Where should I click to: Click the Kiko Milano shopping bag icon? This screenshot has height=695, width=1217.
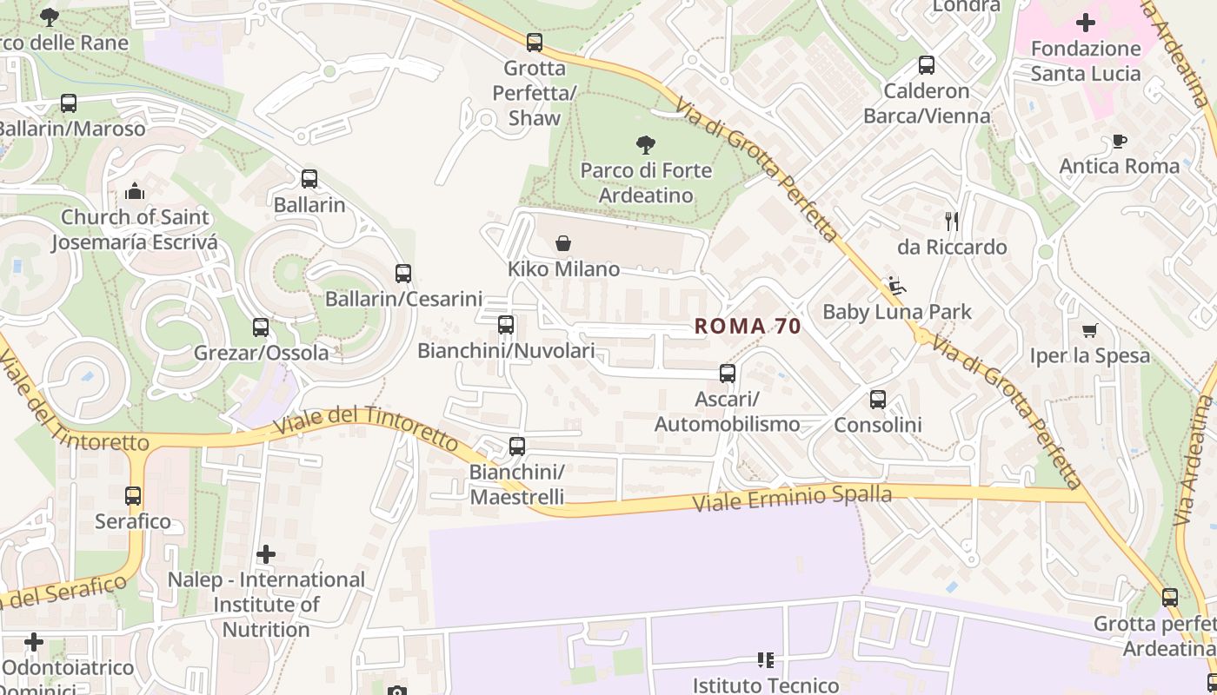click(563, 243)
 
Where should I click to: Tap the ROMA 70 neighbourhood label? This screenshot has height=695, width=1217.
click(748, 327)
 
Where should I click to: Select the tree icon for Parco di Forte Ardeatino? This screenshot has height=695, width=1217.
click(645, 144)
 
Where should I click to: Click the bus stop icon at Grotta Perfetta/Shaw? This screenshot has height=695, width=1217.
click(535, 42)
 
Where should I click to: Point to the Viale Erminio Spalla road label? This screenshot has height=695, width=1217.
click(793, 499)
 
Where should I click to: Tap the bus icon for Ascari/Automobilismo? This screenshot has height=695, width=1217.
click(728, 374)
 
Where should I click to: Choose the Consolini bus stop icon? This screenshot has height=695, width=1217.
click(878, 400)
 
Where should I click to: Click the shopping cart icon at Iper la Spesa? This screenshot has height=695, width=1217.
click(1090, 330)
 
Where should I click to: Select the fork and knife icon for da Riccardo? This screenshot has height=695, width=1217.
click(952, 222)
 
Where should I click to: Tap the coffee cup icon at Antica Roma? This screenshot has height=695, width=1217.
click(1120, 141)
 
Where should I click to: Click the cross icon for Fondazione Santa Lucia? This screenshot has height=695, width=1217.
click(1086, 23)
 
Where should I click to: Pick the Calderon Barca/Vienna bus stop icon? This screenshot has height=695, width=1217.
click(927, 65)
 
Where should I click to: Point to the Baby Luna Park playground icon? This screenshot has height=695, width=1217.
click(895, 286)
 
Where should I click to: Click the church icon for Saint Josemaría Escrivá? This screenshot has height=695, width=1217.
click(135, 191)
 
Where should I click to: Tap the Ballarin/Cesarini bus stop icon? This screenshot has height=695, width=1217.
click(402, 274)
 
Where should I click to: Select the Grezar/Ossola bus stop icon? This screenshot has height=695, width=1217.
click(261, 328)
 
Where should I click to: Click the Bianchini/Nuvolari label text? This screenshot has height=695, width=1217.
click(506, 351)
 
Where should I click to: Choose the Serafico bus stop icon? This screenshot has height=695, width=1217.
click(133, 496)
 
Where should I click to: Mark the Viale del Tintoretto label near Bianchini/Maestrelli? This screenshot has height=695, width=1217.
click(365, 425)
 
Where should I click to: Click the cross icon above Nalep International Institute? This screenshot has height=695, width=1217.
click(266, 554)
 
